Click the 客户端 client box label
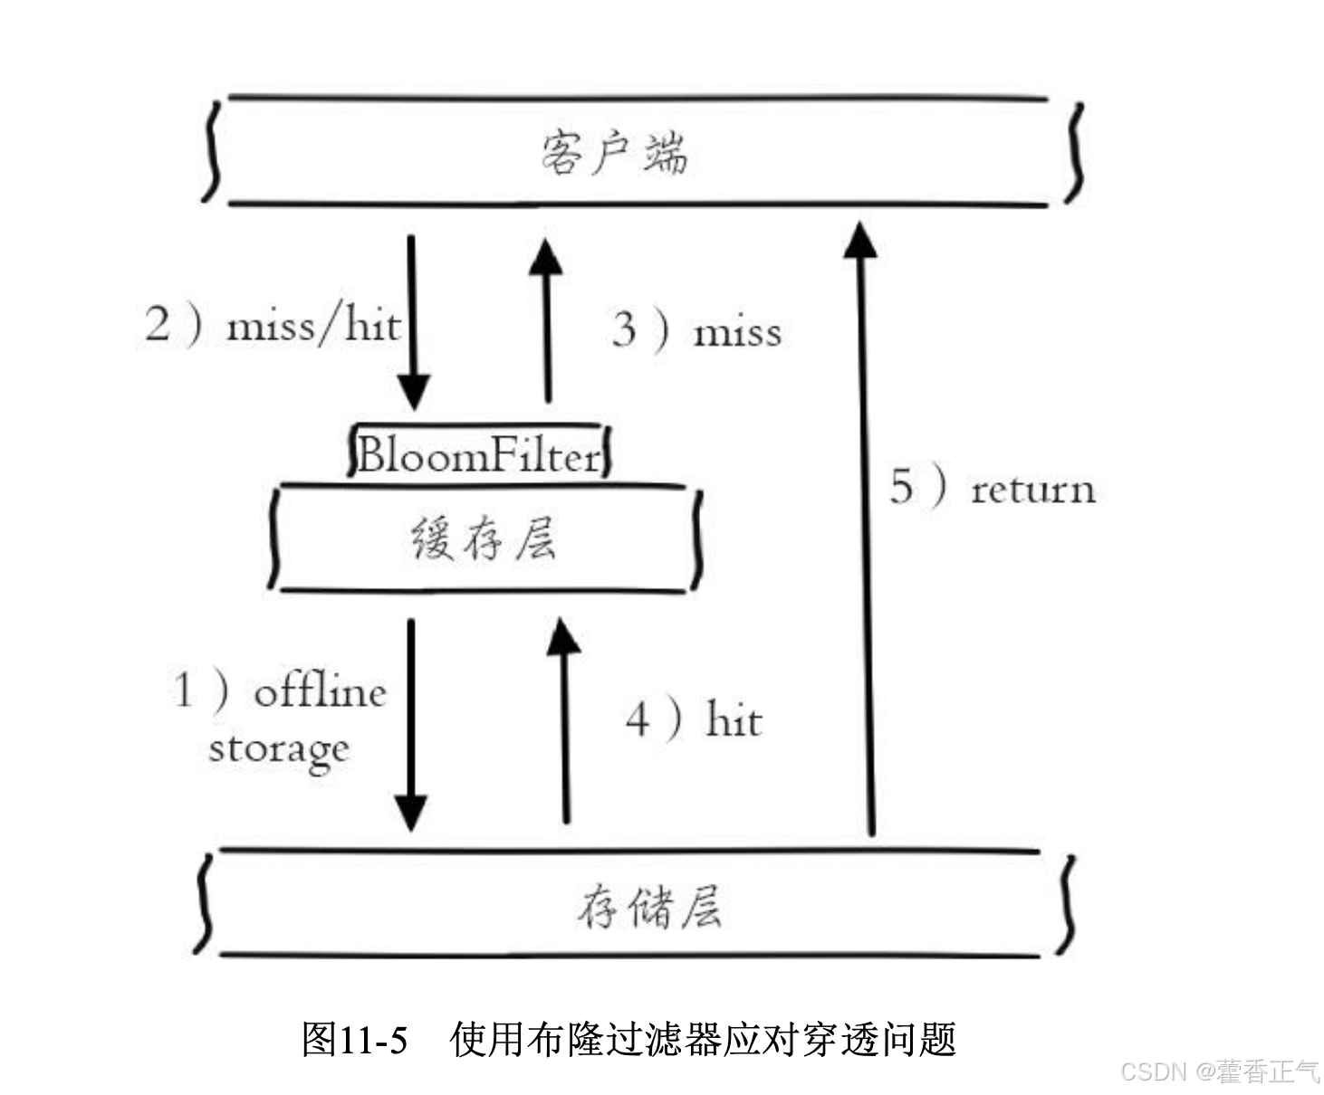point(613,152)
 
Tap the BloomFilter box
point(479,453)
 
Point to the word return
point(1032,490)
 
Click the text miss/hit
point(312,325)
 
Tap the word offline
point(320,692)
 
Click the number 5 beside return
point(901,486)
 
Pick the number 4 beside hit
point(638,720)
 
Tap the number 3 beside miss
point(624,329)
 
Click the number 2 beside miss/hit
point(158,324)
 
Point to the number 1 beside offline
point(184,690)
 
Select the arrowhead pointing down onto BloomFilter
point(413,393)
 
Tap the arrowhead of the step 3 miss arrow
point(545,257)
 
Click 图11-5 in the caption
point(354,1039)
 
